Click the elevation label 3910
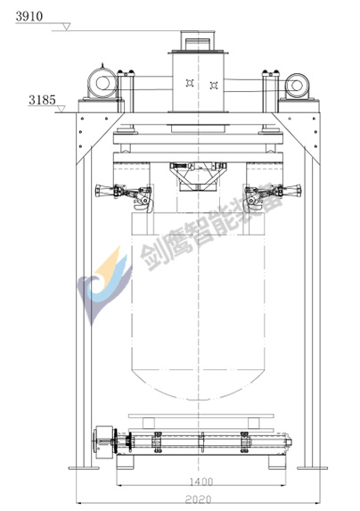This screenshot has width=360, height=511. [x=29, y=16]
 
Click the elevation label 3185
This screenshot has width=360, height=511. [x=42, y=100]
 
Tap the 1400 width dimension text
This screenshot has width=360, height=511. [x=201, y=482]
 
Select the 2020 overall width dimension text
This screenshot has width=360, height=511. [x=198, y=499]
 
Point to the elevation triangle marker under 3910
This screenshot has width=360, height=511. [x=67, y=27]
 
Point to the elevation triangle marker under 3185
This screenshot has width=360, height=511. [x=61, y=109]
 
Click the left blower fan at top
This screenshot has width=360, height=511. [x=102, y=83]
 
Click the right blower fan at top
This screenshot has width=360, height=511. [x=297, y=86]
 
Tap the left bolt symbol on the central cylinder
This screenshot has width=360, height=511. [x=190, y=83]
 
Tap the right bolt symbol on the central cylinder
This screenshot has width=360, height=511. [x=214, y=85]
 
